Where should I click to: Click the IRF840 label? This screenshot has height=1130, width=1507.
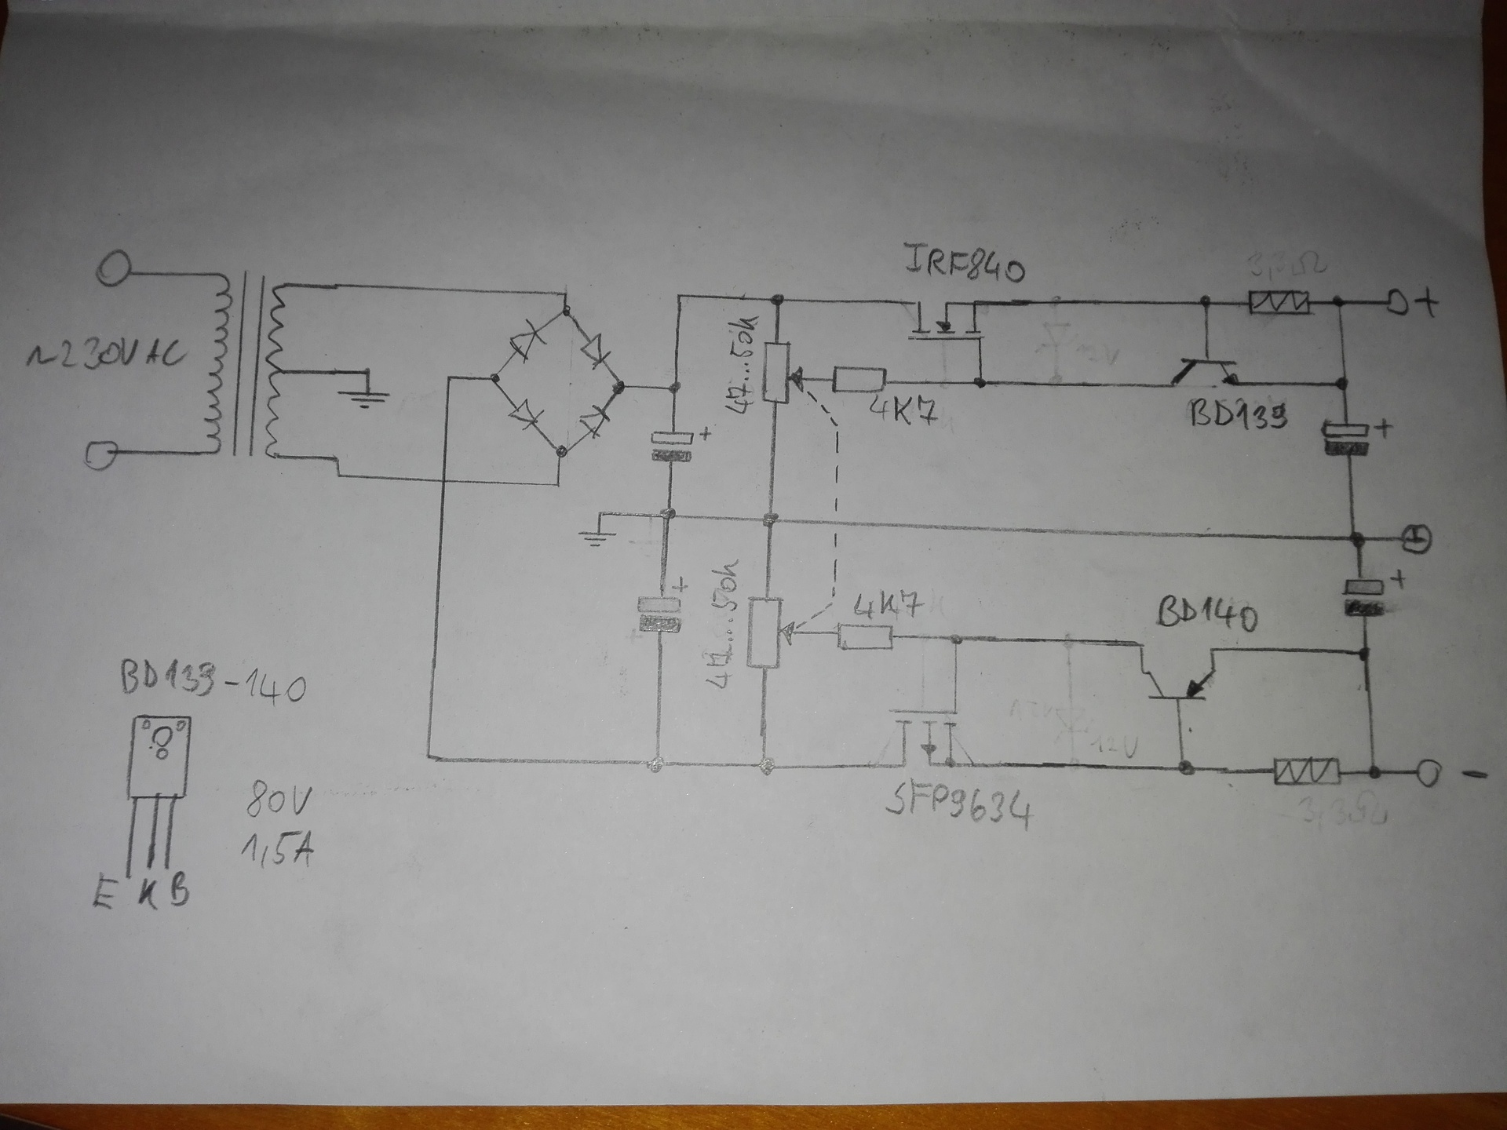(x=965, y=264)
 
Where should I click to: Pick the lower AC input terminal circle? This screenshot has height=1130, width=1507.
(x=101, y=455)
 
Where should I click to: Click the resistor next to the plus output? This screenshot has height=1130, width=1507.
(x=1279, y=302)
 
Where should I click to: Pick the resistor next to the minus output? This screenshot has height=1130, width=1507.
(x=1306, y=772)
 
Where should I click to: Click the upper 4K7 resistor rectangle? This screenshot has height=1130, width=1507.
(x=859, y=380)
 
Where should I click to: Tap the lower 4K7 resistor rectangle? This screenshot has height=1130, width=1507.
(x=865, y=636)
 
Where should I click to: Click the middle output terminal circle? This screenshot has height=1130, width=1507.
(x=1417, y=538)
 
